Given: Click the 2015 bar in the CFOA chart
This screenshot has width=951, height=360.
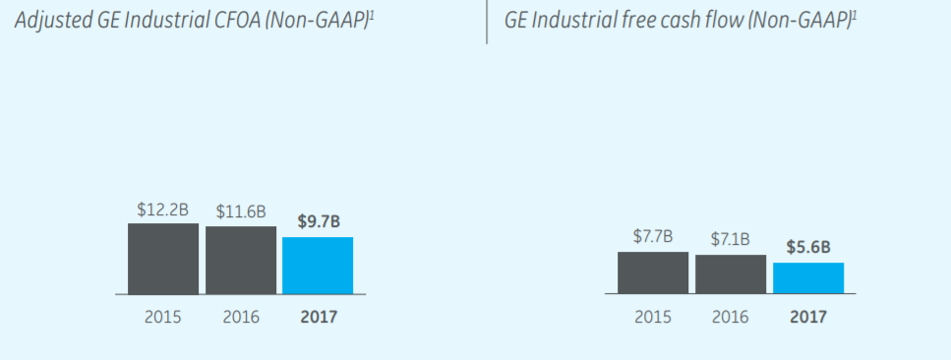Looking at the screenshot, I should (163, 259).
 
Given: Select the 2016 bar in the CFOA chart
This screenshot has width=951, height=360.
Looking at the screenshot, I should (241, 261).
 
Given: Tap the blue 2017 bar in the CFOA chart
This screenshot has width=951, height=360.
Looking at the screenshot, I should (318, 266).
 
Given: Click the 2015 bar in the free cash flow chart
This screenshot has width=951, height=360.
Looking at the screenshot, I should (653, 272).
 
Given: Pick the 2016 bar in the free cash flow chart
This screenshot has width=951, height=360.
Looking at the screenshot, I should (731, 274).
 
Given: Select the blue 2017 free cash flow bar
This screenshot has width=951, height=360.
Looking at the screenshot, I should (808, 278).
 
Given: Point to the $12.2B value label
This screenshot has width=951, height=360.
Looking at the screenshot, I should (163, 210).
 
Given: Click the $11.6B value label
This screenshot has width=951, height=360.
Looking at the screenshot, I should (241, 212).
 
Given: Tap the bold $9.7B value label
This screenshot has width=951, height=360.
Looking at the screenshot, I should (319, 222).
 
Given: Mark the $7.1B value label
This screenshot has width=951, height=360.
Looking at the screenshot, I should (731, 239).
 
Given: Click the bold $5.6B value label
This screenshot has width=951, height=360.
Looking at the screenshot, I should (808, 248).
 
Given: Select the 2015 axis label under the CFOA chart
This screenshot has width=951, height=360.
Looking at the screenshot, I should (163, 318).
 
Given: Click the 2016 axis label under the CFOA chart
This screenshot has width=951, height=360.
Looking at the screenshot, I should (241, 318).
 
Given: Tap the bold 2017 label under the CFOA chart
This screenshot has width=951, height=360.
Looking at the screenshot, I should (318, 318).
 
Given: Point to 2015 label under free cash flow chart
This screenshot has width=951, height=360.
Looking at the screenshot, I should (653, 318).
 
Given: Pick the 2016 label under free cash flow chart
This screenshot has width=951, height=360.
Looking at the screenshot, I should (731, 318).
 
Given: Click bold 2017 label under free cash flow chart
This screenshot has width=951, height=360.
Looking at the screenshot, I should (808, 318).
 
